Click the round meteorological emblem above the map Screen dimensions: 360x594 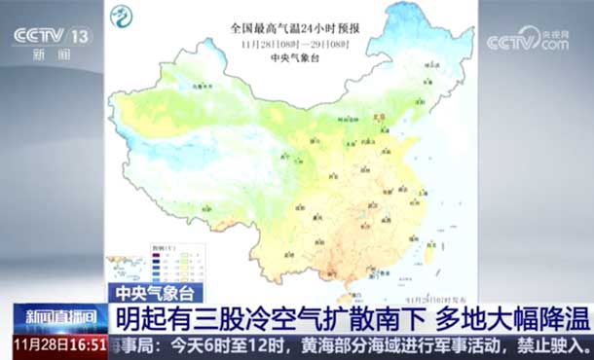click(x=123, y=17)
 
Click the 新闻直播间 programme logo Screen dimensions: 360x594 click(x=54, y=317)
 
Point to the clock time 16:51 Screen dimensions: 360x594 click(x=87, y=344)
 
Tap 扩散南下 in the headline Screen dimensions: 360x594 click(x=365, y=317)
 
